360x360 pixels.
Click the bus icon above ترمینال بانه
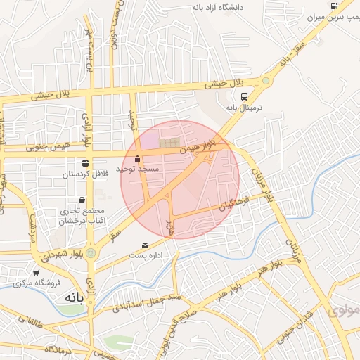tap(243, 96)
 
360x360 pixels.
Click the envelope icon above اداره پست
tap(145, 245)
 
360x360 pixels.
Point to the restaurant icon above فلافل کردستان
tap(85, 163)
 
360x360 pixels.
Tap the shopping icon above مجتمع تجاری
tap(82, 200)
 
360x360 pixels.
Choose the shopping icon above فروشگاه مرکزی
tap(36, 273)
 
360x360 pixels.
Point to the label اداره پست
tap(146, 256)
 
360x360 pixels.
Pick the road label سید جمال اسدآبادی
tap(149, 302)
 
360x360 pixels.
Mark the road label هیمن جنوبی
tap(45, 147)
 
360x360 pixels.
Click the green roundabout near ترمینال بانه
tap(266, 82)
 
